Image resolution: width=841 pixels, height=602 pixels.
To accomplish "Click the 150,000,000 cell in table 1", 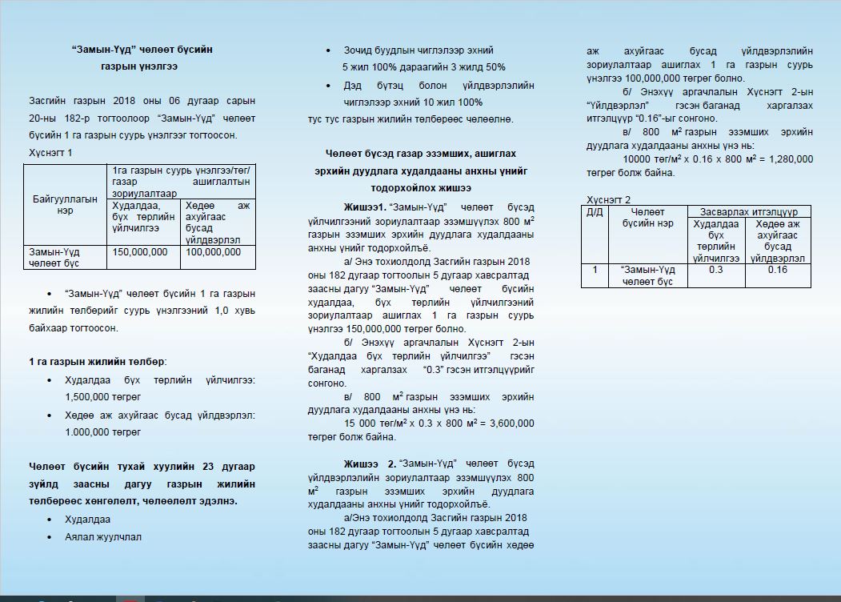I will (x=141, y=252).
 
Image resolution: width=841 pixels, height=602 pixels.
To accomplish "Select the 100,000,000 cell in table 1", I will (x=212, y=252).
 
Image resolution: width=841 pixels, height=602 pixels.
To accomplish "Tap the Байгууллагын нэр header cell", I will (x=65, y=204).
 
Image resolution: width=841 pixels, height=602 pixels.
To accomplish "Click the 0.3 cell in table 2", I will (x=716, y=270).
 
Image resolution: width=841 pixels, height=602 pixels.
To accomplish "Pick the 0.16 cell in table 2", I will (x=777, y=270).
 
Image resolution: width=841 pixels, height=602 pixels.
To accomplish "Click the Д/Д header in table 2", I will (x=595, y=212).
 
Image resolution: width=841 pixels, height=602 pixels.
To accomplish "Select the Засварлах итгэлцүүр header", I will (x=748, y=211).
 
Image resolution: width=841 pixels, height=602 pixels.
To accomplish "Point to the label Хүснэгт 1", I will (x=50, y=153).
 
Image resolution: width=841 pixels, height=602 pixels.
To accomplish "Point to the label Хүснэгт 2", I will (x=608, y=199).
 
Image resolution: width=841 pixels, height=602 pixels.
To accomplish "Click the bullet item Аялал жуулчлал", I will (x=103, y=537).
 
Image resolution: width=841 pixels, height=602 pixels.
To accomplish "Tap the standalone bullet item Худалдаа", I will (x=88, y=520).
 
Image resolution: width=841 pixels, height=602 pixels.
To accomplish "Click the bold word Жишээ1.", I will (x=364, y=207).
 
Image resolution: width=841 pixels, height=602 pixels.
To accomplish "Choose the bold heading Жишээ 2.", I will (x=370, y=464).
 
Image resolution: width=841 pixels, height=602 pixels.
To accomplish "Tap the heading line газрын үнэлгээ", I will (x=142, y=66).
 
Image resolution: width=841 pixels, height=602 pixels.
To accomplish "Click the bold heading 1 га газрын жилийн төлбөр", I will (x=97, y=362).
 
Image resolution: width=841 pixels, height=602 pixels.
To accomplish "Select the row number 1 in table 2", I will (x=595, y=270).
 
